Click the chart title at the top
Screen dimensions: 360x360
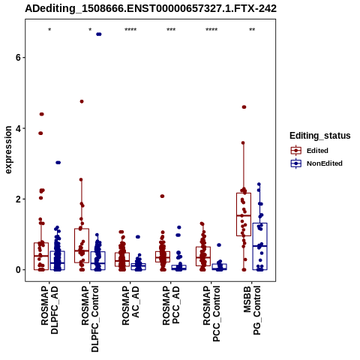pyautogui.click(x=151, y=9)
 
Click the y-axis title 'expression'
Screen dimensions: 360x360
pyautogui.click(x=8, y=150)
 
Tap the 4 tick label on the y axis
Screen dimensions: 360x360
pyautogui.click(x=18, y=128)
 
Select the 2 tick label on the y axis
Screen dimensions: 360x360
pyautogui.click(x=18, y=199)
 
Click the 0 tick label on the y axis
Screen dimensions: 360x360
pyautogui.click(x=18, y=270)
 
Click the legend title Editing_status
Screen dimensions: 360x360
pyautogui.click(x=320, y=136)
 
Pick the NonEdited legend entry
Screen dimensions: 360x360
pyautogui.click(x=316, y=163)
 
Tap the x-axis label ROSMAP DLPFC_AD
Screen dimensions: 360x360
pyautogui.click(x=49, y=310)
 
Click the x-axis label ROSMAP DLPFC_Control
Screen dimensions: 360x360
pyautogui.click(x=90, y=319)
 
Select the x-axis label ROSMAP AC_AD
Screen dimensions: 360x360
pyautogui.click(x=130, y=306)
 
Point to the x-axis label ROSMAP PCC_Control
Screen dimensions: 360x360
pyautogui.click(x=211, y=313)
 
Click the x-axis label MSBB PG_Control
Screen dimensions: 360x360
pyautogui.click(x=252, y=310)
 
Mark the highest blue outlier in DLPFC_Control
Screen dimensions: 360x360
pyautogui.click(x=99, y=34)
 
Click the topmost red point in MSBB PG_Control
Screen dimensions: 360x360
pyautogui.click(x=244, y=107)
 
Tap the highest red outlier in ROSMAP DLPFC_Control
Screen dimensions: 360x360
pyautogui.click(x=82, y=101)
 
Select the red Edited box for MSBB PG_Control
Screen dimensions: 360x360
pyautogui.click(x=244, y=214)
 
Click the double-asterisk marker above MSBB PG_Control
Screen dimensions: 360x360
pyautogui.click(x=252, y=30)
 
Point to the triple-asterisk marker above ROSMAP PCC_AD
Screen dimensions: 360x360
pyautogui.click(x=171, y=30)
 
